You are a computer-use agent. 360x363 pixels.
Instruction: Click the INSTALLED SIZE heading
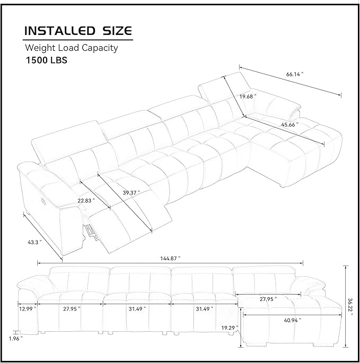78,31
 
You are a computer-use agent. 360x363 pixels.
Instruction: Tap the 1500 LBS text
47,60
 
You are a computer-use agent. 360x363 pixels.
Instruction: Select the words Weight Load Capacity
72,48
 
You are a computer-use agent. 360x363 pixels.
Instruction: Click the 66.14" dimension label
295,74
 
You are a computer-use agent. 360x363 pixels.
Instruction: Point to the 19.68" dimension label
248,96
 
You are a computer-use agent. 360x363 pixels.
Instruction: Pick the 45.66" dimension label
289,125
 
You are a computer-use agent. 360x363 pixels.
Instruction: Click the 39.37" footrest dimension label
131,192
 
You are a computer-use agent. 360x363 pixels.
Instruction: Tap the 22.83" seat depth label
86,200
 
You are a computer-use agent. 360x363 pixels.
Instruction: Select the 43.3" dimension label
35,242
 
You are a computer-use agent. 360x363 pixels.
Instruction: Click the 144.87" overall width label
170,259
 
